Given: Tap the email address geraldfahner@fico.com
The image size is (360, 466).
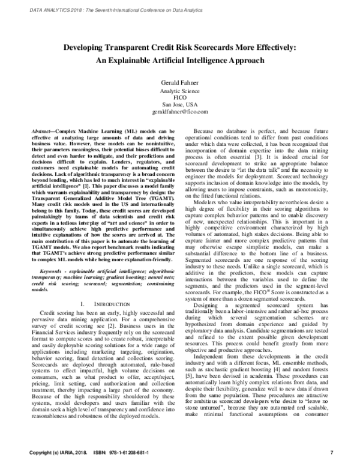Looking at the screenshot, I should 179,112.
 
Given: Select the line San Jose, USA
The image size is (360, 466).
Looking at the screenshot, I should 179,104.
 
